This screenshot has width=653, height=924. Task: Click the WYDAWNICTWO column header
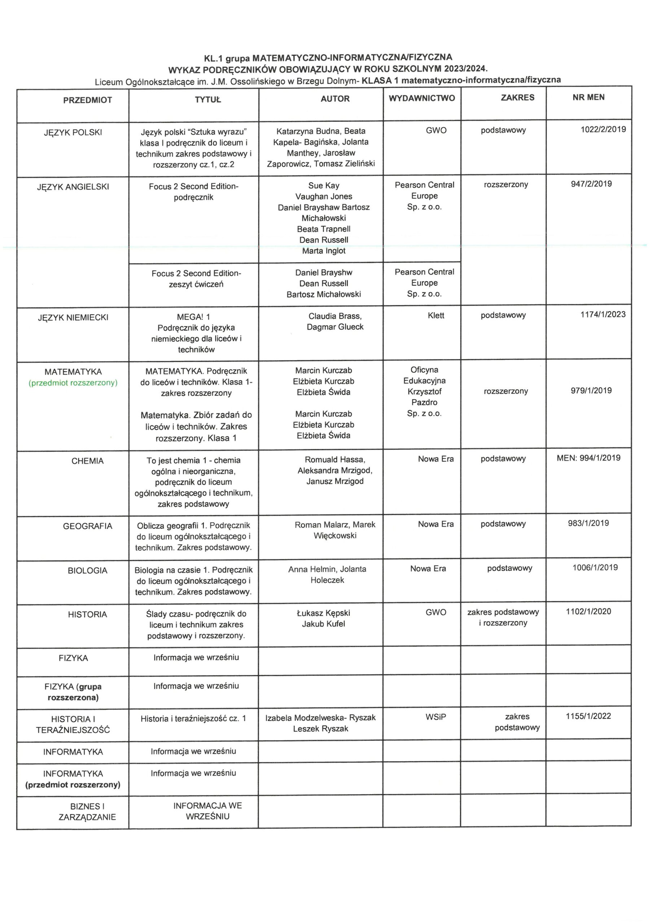point(422,98)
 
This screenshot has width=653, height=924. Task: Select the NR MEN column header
point(588,97)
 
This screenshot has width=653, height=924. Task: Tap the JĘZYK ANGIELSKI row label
point(73,187)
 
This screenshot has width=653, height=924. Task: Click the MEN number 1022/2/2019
point(603,129)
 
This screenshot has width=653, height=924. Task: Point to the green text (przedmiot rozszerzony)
point(73,383)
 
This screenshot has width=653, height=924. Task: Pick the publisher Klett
point(436,315)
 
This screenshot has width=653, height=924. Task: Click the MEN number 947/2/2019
point(591,184)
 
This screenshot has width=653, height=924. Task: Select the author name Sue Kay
point(324,186)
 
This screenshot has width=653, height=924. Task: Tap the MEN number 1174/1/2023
point(603,314)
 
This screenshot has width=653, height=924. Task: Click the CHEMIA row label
point(87,461)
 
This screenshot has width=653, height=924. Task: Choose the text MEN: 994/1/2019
point(588,458)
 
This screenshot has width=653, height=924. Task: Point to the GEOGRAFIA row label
point(87,526)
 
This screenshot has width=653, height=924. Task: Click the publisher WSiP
point(436,717)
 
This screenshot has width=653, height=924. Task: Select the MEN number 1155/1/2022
point(588,716)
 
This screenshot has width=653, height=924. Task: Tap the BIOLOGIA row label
point(87,571)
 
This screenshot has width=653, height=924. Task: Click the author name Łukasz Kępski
point(324,613)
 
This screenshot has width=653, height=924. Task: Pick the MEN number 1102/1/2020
point(588,612)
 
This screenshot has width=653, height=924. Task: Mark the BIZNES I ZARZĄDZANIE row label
point(87,812)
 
